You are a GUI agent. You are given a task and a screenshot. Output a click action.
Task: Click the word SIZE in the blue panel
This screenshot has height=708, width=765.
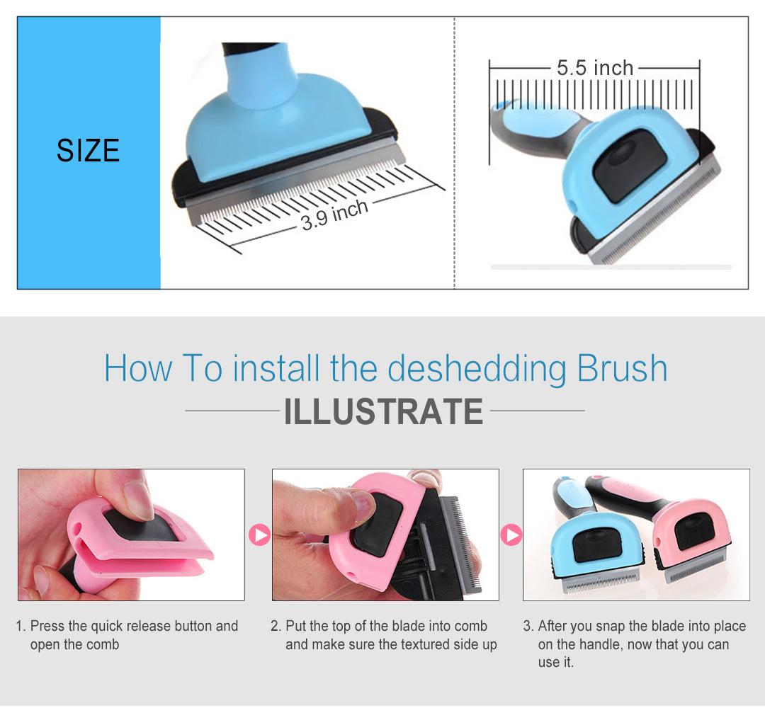click(x=88, y=150)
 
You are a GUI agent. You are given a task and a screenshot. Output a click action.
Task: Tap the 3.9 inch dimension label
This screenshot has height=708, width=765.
click(x=334, y=215)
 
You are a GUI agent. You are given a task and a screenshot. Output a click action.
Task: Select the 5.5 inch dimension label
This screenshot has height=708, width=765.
click(x=595, y=68)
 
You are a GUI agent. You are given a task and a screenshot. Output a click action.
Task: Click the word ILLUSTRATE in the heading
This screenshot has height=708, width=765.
click(x=383, y=411)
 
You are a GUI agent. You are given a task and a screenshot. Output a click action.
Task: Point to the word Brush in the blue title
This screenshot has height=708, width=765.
click(x=622, y=368)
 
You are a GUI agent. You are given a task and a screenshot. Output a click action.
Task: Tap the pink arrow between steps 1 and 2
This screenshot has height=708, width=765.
click(x=259, y=535)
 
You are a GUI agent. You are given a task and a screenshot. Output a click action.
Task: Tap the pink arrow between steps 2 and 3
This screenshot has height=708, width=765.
click(x=511, y=535)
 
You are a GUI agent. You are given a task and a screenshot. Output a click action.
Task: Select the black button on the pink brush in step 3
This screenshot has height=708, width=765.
click(x=694, y=532)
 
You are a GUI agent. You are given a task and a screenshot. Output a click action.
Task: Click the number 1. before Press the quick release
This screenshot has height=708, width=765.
click(x=21, y=626)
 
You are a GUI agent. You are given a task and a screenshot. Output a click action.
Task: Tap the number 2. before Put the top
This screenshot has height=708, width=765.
click(x=276, y=626)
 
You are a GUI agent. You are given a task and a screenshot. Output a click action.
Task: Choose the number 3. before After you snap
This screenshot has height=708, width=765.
click(x=528, y=626)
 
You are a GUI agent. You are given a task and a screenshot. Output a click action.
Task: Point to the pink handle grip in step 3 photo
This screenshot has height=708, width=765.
click(x=623, y=490)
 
